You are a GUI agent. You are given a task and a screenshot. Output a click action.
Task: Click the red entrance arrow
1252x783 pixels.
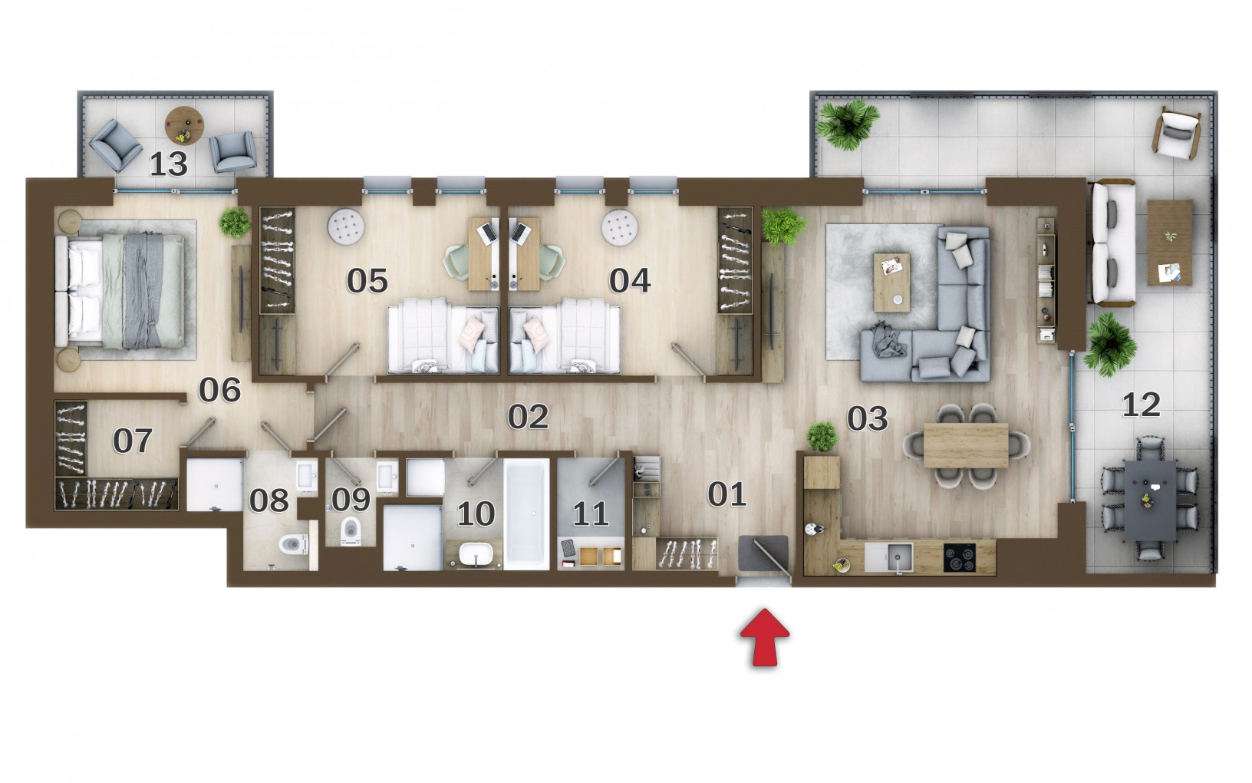click(765, 638)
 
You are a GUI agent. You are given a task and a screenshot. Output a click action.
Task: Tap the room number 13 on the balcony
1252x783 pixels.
click(168, 164)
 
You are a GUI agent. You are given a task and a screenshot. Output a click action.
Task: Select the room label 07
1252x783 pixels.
click(133, 441)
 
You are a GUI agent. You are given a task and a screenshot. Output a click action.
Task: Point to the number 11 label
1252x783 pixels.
click(590, 514)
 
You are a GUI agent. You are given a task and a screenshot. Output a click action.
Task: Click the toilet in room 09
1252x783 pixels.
click(350, 530)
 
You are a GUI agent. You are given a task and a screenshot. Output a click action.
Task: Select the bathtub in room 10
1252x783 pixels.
click(526, 514)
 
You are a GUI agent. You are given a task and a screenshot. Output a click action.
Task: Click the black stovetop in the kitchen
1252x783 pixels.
click(959, 557)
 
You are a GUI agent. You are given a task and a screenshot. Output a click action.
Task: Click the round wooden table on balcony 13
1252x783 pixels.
click(184, 126)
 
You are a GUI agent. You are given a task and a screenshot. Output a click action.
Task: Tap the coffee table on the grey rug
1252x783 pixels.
click(891, 282)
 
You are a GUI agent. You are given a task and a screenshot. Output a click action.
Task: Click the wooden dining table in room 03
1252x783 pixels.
click(966, 445)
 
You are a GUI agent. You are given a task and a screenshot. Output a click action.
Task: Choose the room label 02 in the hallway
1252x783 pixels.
click(528, 417)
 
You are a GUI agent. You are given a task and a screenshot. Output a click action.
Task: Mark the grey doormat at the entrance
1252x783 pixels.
click(763, 553)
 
